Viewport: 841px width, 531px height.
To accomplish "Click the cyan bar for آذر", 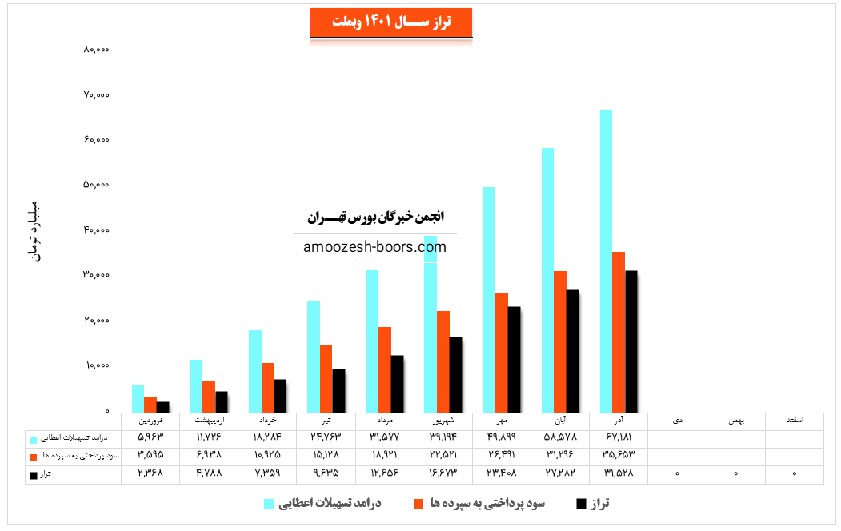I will tap(607, 260).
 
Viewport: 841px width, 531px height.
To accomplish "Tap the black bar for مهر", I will tap(514, 359).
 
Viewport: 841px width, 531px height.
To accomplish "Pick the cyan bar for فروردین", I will tap(138, 398).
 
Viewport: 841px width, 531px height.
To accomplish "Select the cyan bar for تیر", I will tap(314, 356).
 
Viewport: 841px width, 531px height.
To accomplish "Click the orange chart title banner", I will tap(390, 22).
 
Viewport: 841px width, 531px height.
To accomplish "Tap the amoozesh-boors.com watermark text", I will tap(375, 247).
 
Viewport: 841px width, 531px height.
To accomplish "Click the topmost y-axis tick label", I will tap(96, 50).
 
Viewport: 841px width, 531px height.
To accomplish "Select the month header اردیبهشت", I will tap(209, 420).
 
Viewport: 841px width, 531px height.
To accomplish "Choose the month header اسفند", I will tap(793, 420).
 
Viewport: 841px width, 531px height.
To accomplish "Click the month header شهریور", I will tap(443, 420).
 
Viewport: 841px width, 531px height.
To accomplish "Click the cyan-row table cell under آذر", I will tap(619, 438).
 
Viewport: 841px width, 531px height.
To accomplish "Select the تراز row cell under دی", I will tap(677, 474).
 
